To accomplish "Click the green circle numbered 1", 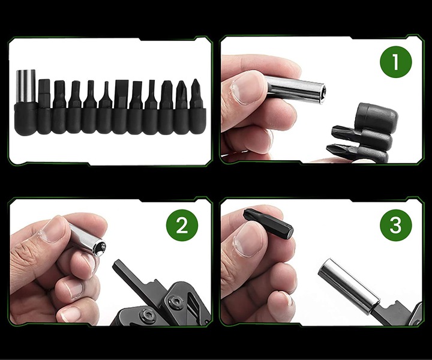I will pyautogui.click(x=395, y=63).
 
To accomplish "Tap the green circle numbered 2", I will pyautogui.click(x=181, y=226).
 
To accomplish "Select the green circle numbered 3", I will pyautogui.click(x=395, y=226).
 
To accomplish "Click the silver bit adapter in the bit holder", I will pyautogui.click(x=25, y=88).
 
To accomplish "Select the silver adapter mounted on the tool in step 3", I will pyautogui.click(x=348, y=282).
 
